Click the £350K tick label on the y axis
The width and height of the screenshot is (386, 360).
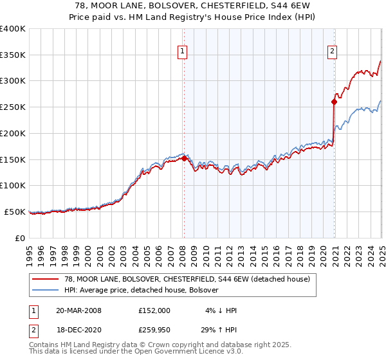click(13, 55)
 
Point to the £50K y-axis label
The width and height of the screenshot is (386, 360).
click(15, 212)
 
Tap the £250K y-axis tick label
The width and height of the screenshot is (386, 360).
click(13, 107)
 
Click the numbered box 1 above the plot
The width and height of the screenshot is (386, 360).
click(183, 52)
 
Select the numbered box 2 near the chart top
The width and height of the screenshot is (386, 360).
click(333, 52)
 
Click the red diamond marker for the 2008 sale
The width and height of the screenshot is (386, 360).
click(184, 158)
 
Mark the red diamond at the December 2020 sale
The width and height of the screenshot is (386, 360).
click(335, 102)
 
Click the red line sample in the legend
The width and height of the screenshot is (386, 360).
click(46, 279)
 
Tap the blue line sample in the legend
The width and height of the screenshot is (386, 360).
click(46, 290)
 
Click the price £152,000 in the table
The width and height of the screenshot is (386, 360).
click(154, 310)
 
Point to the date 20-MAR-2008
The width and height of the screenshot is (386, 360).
click(78, 310)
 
